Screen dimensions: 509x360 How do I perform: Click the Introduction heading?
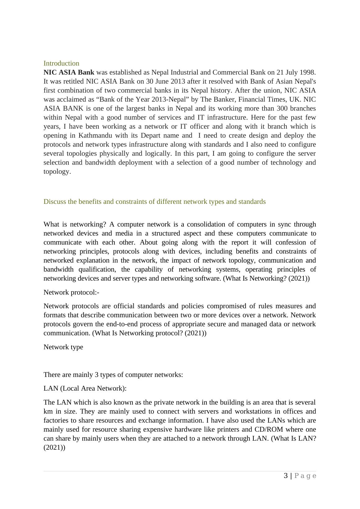[x=61, y=63]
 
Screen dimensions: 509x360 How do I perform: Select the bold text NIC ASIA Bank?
[x=69, y=72]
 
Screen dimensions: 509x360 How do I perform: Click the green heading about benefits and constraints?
[x=155, y=202]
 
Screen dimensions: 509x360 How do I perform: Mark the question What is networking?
[x=74, y=224]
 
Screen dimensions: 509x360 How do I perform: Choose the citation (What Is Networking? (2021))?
[x=266, y=278]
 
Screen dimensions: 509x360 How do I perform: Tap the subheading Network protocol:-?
[x=71, y=292]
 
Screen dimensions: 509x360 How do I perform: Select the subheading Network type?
[x=63, y=347]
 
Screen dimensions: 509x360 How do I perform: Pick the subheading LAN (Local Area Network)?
[x=85, y=388]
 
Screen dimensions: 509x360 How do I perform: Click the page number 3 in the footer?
[x=286, y=476]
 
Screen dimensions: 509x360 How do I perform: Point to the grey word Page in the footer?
[x=305, y=476]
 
